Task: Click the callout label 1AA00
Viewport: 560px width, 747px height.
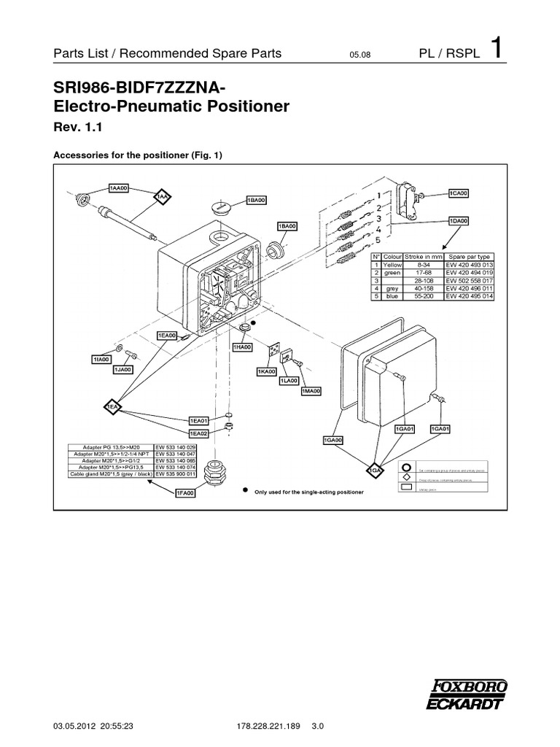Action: pos(119,188)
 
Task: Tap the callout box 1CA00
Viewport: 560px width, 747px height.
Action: pos(458,193)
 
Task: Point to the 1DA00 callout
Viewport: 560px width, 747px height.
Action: pos(458,220)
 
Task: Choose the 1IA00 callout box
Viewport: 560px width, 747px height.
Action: pos(101,360)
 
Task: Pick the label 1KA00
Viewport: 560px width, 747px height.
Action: pos(267,371)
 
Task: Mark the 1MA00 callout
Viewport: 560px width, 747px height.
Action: pos(311,392)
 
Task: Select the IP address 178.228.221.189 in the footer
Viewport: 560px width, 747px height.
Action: pos(260,727)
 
